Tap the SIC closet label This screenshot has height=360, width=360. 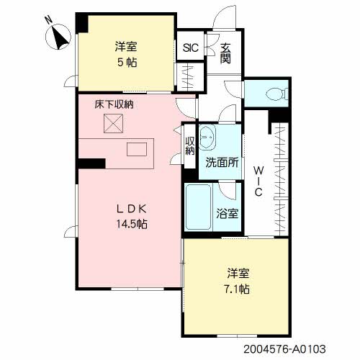(x=191, y=49)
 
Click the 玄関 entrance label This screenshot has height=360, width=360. (x=226, y=53)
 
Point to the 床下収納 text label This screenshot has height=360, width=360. (x=114, y=105)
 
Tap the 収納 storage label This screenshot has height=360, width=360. (x=191, y=146)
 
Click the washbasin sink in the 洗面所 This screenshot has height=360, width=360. (x=208, y=136)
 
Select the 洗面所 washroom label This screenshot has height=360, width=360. (x=221, y=162)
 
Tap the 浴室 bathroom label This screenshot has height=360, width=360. (x=228, y=214)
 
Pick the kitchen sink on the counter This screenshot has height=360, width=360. (x=138, y=150)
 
